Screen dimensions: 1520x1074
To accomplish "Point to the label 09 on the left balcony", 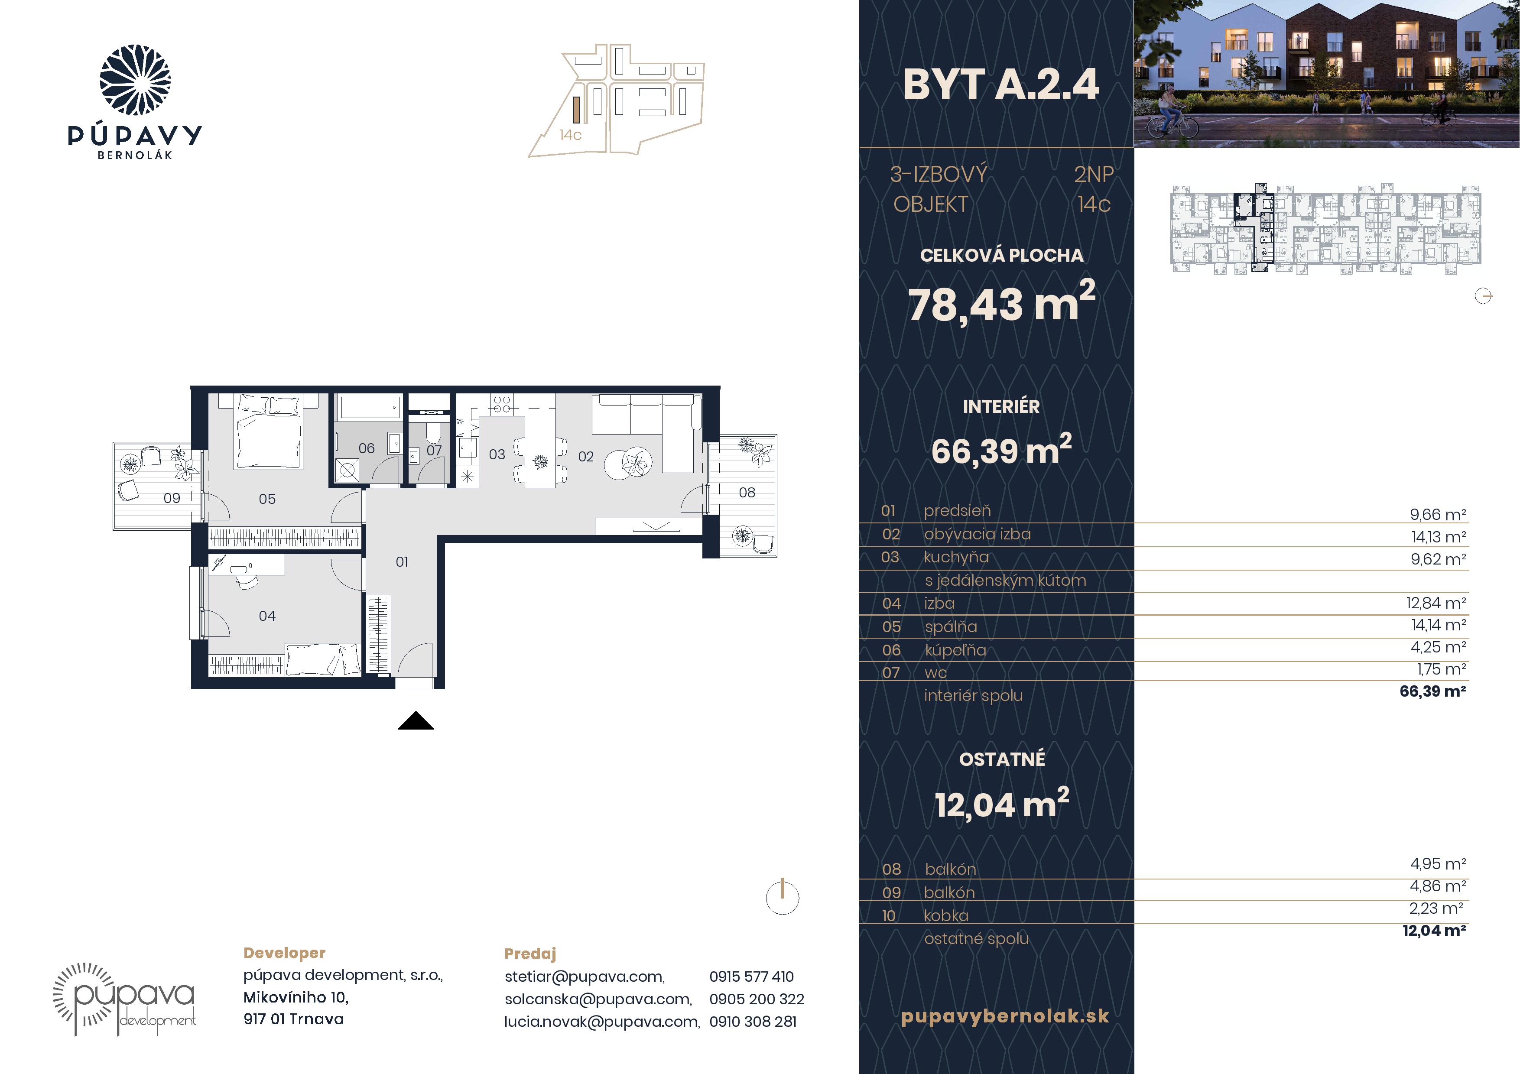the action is [x=172, y=498].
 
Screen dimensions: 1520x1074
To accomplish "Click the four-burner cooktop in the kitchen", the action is [x=502, y=404].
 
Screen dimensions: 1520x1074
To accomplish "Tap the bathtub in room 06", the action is [x=370, y=408].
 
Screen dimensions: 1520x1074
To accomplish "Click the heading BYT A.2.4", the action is [x=1000, y=85].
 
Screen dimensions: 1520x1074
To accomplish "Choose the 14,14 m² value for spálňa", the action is [x=1438, y=625].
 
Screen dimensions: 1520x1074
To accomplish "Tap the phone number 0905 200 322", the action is [x=757, y=999].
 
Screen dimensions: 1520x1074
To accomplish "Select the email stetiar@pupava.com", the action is [x=585, y=976].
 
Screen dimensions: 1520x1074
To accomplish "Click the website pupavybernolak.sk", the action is [x=1004, y=1016].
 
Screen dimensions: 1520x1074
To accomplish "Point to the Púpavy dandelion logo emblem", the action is [x=135, y=80].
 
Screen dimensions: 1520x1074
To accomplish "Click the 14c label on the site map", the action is [x=570, y=135].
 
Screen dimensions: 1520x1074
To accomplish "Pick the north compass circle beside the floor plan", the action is [x=783, y=898].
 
